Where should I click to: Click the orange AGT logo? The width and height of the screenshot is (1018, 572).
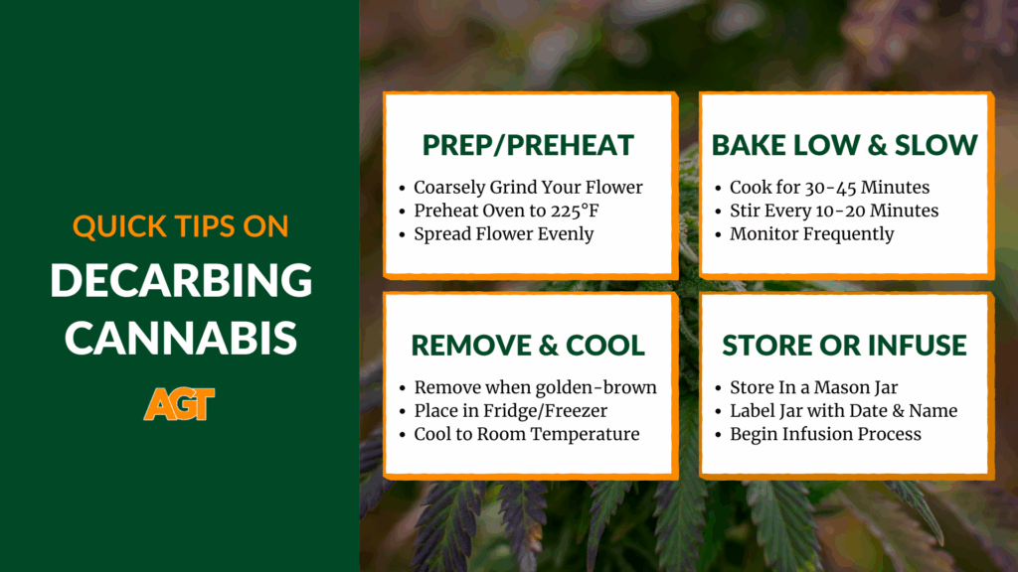[x=179, y=404]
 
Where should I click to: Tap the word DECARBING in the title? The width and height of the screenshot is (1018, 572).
[x=181, y=280]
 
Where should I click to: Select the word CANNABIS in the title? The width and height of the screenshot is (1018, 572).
[x=181, y=338]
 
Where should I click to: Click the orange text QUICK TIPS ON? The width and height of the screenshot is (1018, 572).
[x=181, y=226]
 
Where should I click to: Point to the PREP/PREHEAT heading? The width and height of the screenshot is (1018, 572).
[x=528, y=145]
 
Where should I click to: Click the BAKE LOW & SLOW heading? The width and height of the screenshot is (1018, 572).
[x=845, y=145]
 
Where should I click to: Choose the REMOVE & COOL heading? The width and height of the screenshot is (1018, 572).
[x=528, y=345]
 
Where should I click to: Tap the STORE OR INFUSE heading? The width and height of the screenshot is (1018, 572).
[x=845, y=345]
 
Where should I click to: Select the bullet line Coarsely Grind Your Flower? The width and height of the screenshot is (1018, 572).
[x=528, y=188]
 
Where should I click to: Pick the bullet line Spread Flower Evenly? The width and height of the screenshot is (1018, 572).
[x=504, y=234]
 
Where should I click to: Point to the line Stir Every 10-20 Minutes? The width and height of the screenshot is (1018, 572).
[x=834, y=211]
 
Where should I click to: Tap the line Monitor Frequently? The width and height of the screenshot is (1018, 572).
[x=811, y=234]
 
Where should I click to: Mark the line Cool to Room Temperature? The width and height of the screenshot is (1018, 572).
[x=527, y=434]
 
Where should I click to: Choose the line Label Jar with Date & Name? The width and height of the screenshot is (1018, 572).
[x=843, y=410]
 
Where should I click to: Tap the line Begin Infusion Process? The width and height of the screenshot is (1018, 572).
[x=825, y=434]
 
